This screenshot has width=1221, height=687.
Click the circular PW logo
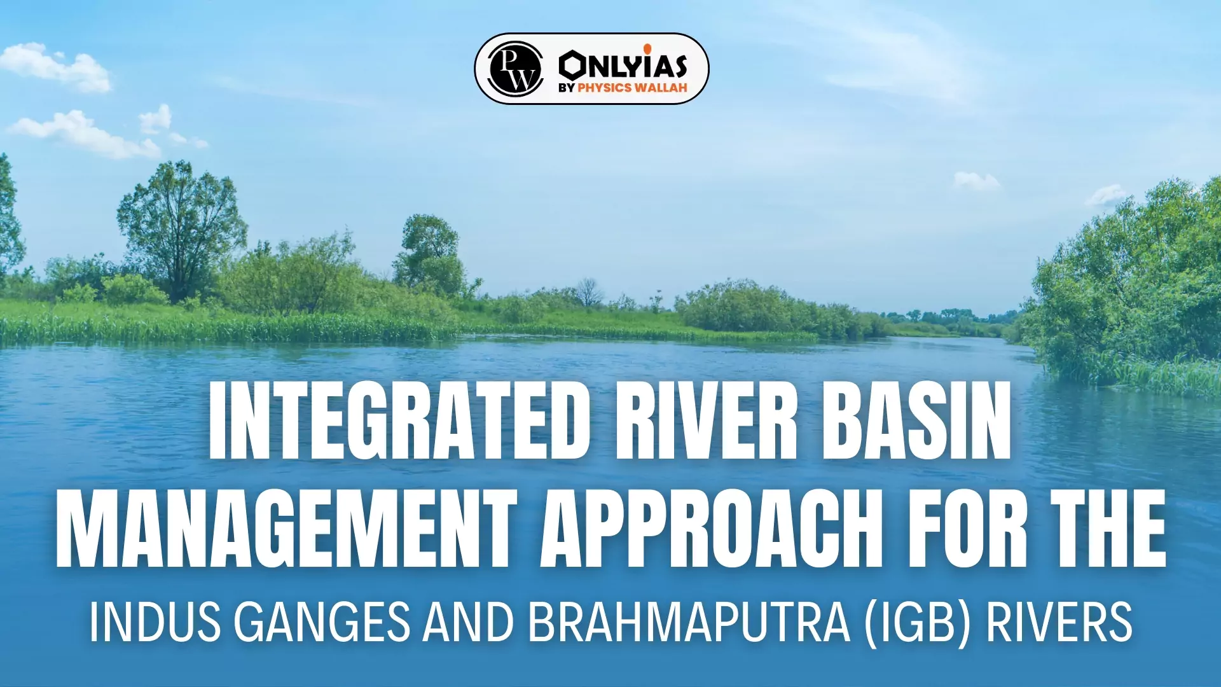coord(515,69)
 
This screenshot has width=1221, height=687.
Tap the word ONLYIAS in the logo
coord(623,65)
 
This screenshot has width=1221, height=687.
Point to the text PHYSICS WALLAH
coord(633,88)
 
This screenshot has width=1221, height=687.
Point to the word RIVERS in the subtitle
coord(1059,622)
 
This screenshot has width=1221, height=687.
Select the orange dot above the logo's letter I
coord(647,48)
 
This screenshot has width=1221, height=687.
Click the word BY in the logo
coord(567,88)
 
